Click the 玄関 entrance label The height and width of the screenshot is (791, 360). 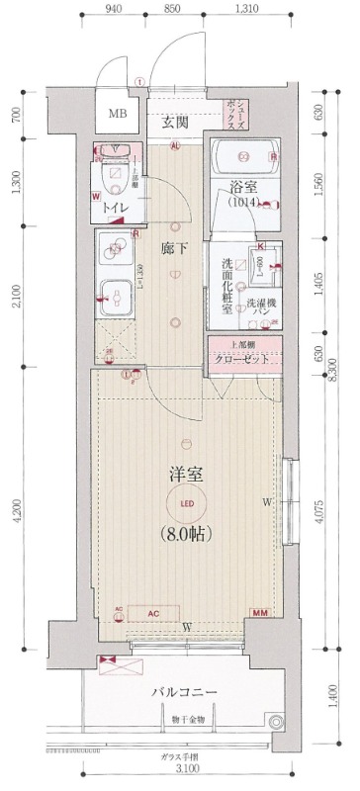pos(175,122)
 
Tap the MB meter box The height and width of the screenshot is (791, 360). pos(118,114)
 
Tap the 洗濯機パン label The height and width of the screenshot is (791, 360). pos(262,308)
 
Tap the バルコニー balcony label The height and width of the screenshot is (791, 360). pos(185,691)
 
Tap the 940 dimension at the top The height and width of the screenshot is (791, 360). pos(113,9)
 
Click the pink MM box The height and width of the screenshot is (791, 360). pos(261,615)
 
